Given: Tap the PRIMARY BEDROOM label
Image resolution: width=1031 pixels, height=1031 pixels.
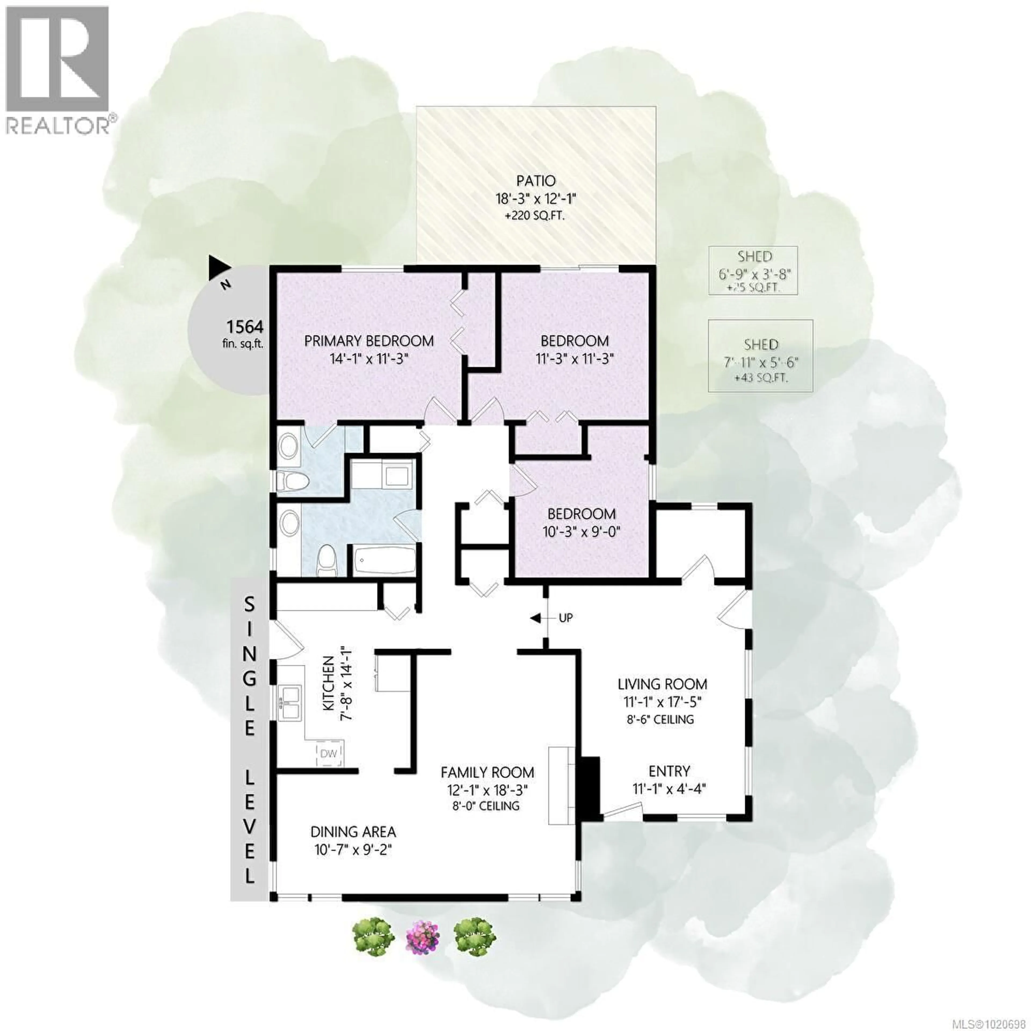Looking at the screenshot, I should (x=369, y=340).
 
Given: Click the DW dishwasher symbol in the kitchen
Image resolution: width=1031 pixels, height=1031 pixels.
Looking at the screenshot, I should (x=329, y=753).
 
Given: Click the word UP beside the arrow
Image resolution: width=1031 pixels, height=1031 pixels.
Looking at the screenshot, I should (x=566, y=618).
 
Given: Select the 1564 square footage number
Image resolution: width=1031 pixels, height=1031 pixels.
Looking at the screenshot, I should (x=245, y=326).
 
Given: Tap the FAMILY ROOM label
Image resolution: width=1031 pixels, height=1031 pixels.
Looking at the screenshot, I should (x=487, y=772).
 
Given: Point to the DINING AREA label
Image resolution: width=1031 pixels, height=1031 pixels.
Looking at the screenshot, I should (x=353, y=832).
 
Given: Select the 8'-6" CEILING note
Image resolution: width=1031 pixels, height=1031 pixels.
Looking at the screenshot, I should (x=661, y=719).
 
